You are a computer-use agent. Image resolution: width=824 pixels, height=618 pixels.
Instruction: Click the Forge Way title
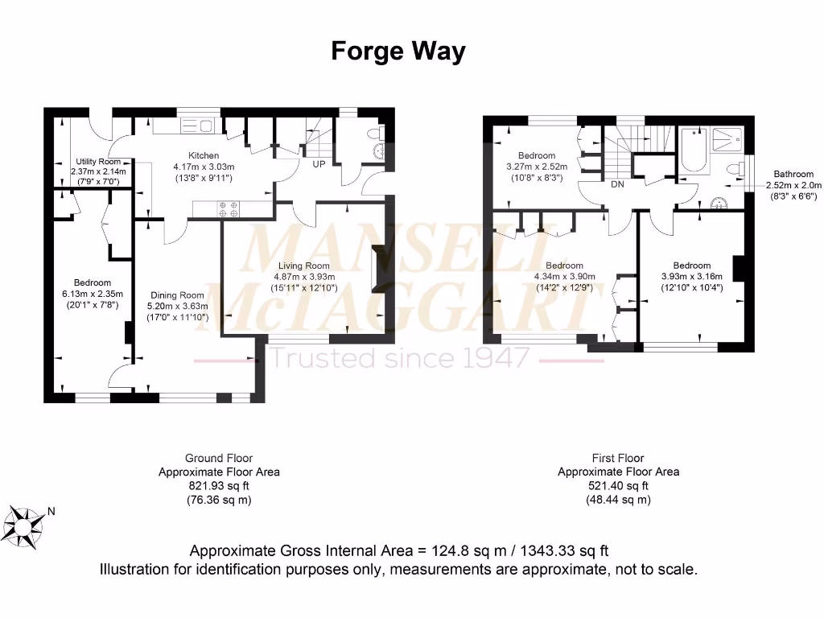point(398,51)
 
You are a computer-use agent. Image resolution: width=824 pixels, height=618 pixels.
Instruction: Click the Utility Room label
point(97,161)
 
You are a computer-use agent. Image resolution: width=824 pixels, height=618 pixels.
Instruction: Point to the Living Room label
point(303,266)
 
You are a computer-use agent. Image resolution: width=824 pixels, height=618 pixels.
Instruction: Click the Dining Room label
point(179,295)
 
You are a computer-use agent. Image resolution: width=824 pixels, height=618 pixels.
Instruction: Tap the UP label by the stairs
point(319,164)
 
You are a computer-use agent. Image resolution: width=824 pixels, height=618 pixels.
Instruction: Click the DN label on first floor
point(618,184)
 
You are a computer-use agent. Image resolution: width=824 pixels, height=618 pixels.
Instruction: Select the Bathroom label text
point(793,174)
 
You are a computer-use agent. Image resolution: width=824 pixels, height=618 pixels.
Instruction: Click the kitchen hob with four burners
point(228,209)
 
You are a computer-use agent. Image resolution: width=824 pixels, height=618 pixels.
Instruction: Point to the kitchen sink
point(197,126)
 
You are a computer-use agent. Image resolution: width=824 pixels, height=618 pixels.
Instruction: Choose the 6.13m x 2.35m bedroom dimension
point(92,294)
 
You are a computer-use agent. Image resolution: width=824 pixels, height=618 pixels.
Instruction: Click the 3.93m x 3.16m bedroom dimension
point(691,276)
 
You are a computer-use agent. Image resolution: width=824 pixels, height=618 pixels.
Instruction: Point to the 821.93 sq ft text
point(219,486)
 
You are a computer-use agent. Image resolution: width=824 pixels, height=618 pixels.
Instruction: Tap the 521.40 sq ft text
point(618,486)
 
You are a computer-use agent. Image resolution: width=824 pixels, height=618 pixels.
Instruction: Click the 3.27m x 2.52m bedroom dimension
point(536,167)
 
